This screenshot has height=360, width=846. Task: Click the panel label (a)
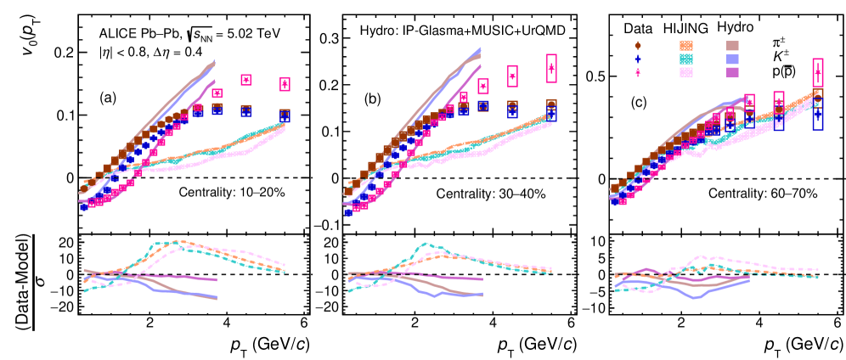click(x=108, y=98)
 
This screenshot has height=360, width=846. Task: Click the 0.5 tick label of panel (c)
click(x=591, y=76)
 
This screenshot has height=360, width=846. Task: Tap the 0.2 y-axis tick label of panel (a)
click(x=63, y=52)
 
